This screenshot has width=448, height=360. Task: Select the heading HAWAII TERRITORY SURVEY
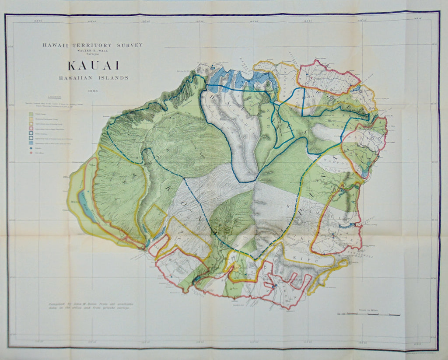[x=92, y=45]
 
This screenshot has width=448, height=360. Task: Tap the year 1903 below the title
[x=92, y=91]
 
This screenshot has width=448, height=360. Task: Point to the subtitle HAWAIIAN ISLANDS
[x=92, y=78]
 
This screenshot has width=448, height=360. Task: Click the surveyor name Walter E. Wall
[x=92, y=51]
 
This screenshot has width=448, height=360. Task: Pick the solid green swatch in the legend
[x=31, y=115]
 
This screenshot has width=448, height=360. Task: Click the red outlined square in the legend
[x=31, y=130]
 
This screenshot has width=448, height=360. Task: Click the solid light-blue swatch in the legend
[x=31, y=143]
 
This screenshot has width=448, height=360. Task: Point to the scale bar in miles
[x=368, y=314]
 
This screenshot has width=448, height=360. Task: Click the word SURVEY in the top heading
[x=129, y=45]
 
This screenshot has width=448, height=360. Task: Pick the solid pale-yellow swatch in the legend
[x=31, y=119]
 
